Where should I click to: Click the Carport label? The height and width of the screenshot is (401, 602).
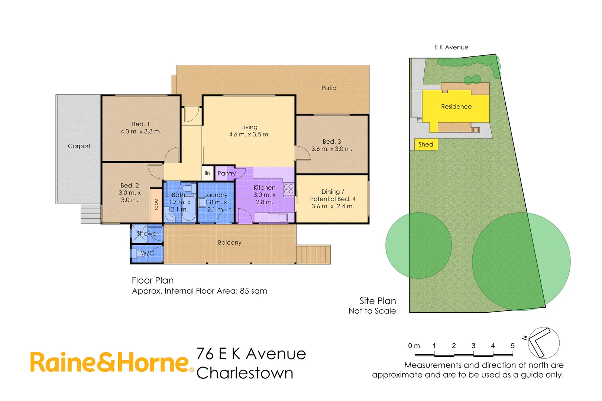pyautogui.click(x=79, y=146)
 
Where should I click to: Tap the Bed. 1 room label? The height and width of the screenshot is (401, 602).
pyautogui.click(x=141, y=124)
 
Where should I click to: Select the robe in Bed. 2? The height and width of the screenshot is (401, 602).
pyautogui.click(x=156, y=205)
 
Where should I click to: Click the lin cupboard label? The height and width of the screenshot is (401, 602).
pyautogui.click(x=207, y=173)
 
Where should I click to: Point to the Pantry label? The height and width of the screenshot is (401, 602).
pyautogui.click(x=226, y=173)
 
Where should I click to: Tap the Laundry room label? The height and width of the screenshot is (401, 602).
pyautogui.click(x=216, y=195)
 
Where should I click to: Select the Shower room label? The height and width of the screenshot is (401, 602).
pyautogui.click(x=148, y=234)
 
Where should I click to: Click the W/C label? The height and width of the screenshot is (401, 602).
pyautogui.click(x=148, y=253)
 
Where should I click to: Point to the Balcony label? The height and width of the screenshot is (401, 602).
pyautogui.click(x=230, y=243)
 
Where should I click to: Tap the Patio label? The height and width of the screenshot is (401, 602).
pyautogui.click(x=329, y=88)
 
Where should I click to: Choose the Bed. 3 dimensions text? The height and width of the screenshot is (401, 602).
pyautogui.click(x=331, y=149)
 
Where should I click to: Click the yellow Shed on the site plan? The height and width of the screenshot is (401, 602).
pyautogui.click(x=426, y=144)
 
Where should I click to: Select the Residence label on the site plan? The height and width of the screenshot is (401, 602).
pyautogui.click(x=456, y=107)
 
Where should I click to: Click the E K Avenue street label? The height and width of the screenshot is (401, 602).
pyautogui.click(x=451, y=48)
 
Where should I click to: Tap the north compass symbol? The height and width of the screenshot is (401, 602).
pyautogui.click(x=543, y=342)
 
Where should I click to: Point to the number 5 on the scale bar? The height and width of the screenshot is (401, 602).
pyautogui.click(x=512, y=346)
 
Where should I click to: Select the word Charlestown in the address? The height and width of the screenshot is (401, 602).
pyautogui.click(x=245, y=373)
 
